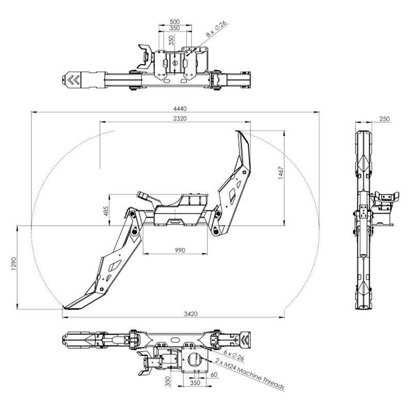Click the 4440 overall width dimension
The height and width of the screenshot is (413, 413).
tap(180, 109)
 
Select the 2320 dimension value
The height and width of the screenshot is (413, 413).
tap(180, 119)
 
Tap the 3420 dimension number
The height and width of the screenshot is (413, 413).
tap(190, 314)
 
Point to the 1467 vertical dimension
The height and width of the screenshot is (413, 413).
tap(281, 173)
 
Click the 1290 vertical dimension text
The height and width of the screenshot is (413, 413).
tap(14, 264)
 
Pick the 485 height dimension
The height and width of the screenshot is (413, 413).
tap(106, 211)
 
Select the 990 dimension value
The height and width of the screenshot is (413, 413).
tap(180, 250)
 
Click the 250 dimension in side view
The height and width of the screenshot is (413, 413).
tap(385, 119)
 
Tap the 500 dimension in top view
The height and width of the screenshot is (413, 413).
tap(174, 22)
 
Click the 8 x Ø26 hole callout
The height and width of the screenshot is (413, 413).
tap(216, 29)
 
